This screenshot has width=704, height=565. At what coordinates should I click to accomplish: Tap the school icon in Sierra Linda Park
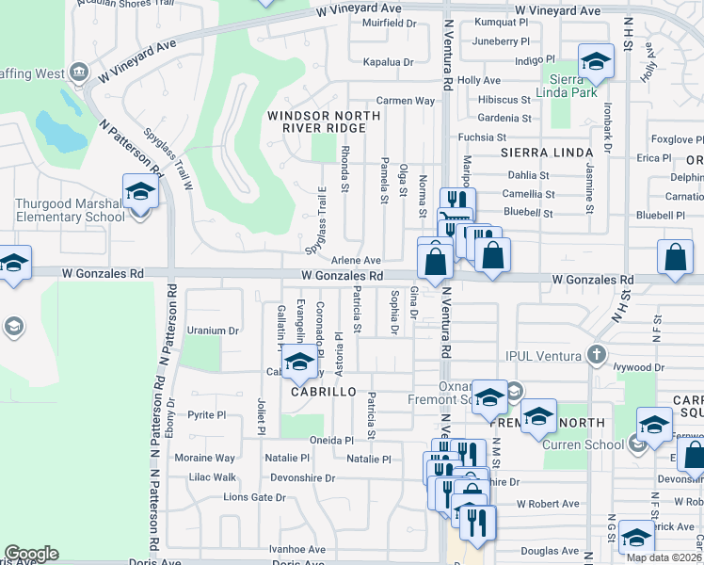tap(595, 62)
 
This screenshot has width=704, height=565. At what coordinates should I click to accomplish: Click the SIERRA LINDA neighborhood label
tap(537, 151)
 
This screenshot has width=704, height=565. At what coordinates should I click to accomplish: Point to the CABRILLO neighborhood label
tap(323, 391)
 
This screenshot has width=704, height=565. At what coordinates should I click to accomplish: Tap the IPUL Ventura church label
tap(546, 355)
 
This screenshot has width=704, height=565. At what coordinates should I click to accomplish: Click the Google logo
tap(31, 553)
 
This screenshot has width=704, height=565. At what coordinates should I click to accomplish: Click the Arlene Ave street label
tap(356, 260)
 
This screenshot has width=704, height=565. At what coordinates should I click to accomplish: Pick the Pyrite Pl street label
tap(206, 414)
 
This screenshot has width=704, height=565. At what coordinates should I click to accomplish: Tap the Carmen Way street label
tap(406, 100)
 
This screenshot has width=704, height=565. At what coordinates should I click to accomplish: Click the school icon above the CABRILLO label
tap(299, 362)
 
